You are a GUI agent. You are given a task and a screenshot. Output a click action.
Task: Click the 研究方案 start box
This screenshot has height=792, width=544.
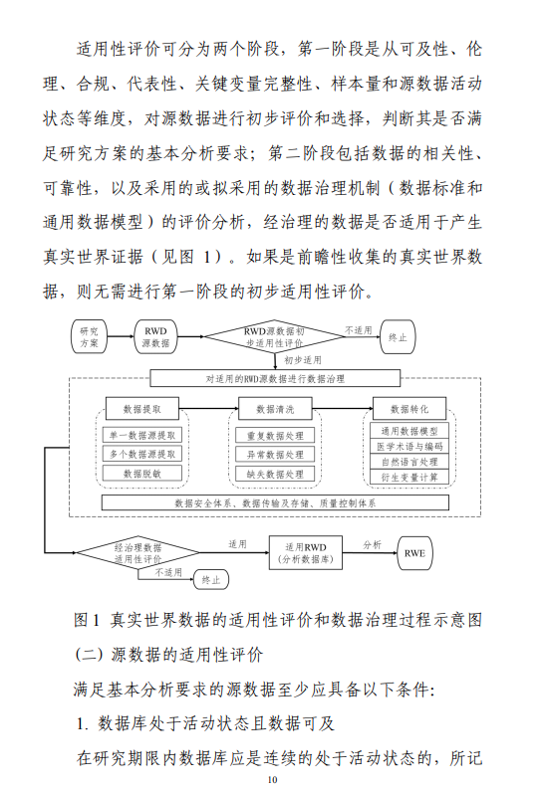coord(89,336)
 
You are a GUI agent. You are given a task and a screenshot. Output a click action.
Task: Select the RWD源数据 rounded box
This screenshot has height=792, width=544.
coord(155,336)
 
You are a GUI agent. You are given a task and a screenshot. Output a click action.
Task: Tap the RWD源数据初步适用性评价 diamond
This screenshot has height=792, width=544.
coord(275,336)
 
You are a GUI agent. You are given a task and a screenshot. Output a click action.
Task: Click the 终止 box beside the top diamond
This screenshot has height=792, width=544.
coord(398,336)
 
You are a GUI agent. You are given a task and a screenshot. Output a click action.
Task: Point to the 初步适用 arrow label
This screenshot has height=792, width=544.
coord(302,360)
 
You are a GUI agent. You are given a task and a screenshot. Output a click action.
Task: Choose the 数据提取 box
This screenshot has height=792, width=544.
coord(142,409)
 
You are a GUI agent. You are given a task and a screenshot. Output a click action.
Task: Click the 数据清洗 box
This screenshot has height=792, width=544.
coord(275,409)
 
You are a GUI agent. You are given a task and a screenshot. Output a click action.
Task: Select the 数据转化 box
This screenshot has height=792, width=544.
coord(409,409)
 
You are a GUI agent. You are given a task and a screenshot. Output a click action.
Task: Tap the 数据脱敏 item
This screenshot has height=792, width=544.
coord(142,474)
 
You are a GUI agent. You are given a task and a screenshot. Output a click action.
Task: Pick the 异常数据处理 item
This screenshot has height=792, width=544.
coord(275,455)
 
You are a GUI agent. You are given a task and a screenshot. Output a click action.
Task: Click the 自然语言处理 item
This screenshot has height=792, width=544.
coord(409,462)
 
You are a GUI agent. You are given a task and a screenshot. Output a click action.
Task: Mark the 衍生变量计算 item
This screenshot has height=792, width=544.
coord(409,477)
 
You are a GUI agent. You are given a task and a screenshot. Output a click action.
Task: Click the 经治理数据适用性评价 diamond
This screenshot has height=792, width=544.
coord(137,553)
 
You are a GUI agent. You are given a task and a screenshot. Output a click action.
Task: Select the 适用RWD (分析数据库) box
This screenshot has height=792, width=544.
coord(305,553)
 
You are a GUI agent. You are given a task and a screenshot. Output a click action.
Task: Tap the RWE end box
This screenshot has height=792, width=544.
coord(414,553)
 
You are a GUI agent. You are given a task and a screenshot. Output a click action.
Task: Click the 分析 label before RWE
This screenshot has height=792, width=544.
coord(372,544)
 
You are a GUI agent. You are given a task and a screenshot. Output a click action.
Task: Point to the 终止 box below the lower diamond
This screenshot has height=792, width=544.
coord(211,580)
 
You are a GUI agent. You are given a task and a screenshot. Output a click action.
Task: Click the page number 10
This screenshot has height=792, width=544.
coord(273,779)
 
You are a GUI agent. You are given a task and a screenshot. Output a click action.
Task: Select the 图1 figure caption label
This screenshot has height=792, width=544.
coord(87,620)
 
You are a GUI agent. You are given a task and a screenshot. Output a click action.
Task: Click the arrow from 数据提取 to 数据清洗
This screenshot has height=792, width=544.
coord(209,408)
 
